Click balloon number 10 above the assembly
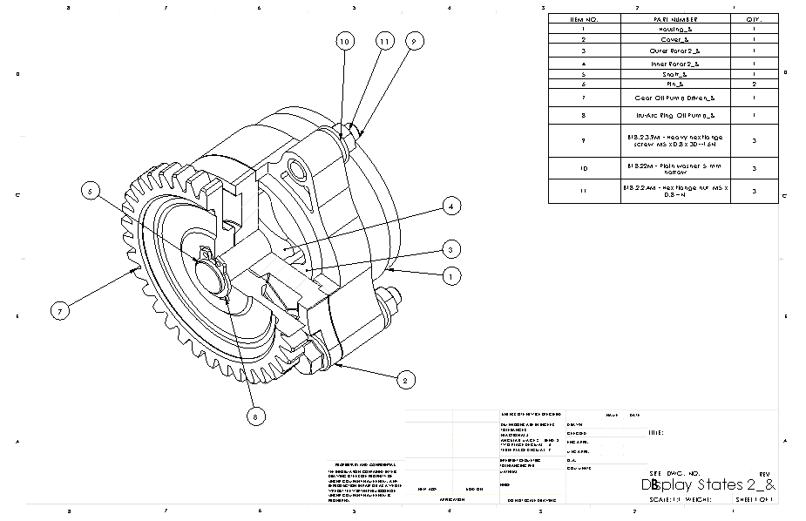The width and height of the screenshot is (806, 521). tap(345, 41)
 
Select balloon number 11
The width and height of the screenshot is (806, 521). tap(383, 41)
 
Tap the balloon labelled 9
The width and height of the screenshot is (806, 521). tap(414, 41)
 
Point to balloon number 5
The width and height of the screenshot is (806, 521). tap(91, 192)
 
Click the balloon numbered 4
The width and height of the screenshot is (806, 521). tap(450, 206)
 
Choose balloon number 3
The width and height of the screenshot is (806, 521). tap(450, 250)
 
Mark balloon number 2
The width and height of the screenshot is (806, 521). tap(403, 380)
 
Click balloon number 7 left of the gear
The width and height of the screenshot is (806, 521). tap(61, 310)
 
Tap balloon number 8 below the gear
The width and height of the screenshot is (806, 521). tap(254, 417)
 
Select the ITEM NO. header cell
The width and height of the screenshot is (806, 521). tap(584, 18)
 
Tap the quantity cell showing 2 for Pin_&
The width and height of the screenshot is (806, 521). tap(753, 84)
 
